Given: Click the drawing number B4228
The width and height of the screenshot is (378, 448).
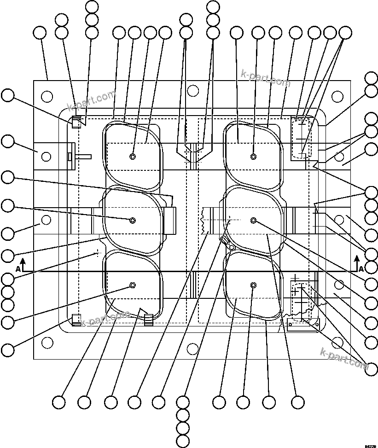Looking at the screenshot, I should [x=370, y=445].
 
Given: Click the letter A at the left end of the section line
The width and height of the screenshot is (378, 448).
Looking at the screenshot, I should [x=17, y=268].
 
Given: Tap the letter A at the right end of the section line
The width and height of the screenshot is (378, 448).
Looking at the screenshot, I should [x=361, y=268].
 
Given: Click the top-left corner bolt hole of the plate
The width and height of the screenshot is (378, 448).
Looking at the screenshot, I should [x=47, y=96].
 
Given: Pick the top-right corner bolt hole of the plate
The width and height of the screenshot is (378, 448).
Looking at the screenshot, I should [x=338, y=96].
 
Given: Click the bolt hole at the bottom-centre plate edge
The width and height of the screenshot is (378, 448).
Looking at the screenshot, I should [x=193, y=349].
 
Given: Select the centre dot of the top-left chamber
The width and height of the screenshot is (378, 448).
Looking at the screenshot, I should [x=133, y=157].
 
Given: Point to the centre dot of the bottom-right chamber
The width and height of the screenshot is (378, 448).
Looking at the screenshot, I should [x=253, y=286].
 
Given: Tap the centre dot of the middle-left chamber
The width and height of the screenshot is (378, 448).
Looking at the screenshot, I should [x=133, y=221].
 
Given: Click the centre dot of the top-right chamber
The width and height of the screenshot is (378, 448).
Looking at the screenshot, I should [x=253, y=157].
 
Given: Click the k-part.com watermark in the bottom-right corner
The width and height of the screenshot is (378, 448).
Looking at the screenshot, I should [x=344, y=359].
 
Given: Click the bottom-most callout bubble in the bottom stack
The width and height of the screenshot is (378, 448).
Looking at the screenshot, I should [x=183, y=441].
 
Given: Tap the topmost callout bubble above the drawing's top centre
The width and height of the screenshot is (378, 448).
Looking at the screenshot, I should [x=214, y=6].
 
